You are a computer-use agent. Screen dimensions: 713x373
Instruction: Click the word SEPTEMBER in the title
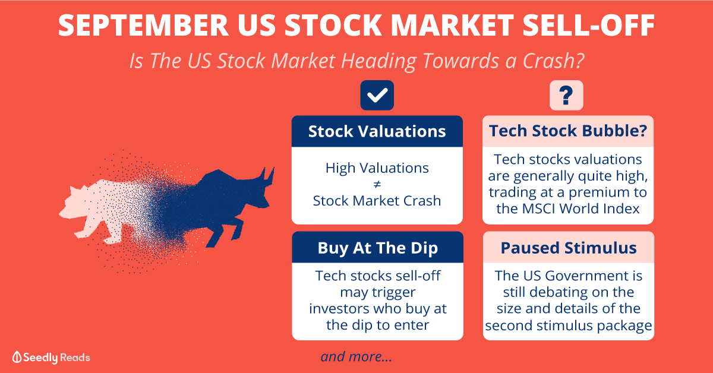pos(143,25)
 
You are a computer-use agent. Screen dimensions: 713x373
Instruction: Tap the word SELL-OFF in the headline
pos(588,25)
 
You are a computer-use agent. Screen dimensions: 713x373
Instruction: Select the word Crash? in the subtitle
pos(553,61)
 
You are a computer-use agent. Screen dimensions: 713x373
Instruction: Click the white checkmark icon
pos(377,95)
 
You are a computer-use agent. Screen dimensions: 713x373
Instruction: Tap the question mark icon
pos(566,95)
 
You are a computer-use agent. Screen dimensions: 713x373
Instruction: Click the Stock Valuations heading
pos(377,131)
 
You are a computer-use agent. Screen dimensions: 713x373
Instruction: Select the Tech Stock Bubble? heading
pos(568,131)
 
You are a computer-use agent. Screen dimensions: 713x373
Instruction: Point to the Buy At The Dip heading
pos(378,248)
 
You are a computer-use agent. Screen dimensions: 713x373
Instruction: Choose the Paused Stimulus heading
pos(569,248)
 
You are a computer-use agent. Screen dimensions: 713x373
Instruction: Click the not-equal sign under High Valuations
pos(377,184)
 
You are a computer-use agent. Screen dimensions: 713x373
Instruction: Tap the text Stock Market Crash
pos(377,201)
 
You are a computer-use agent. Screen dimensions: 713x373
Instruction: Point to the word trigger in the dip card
pos(394,293)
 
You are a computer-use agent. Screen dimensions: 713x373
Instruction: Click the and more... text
pos(356,356)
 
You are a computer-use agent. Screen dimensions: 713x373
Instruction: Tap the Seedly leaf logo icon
pos(17,357)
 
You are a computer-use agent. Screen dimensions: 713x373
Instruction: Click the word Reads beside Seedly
pos(75,358)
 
